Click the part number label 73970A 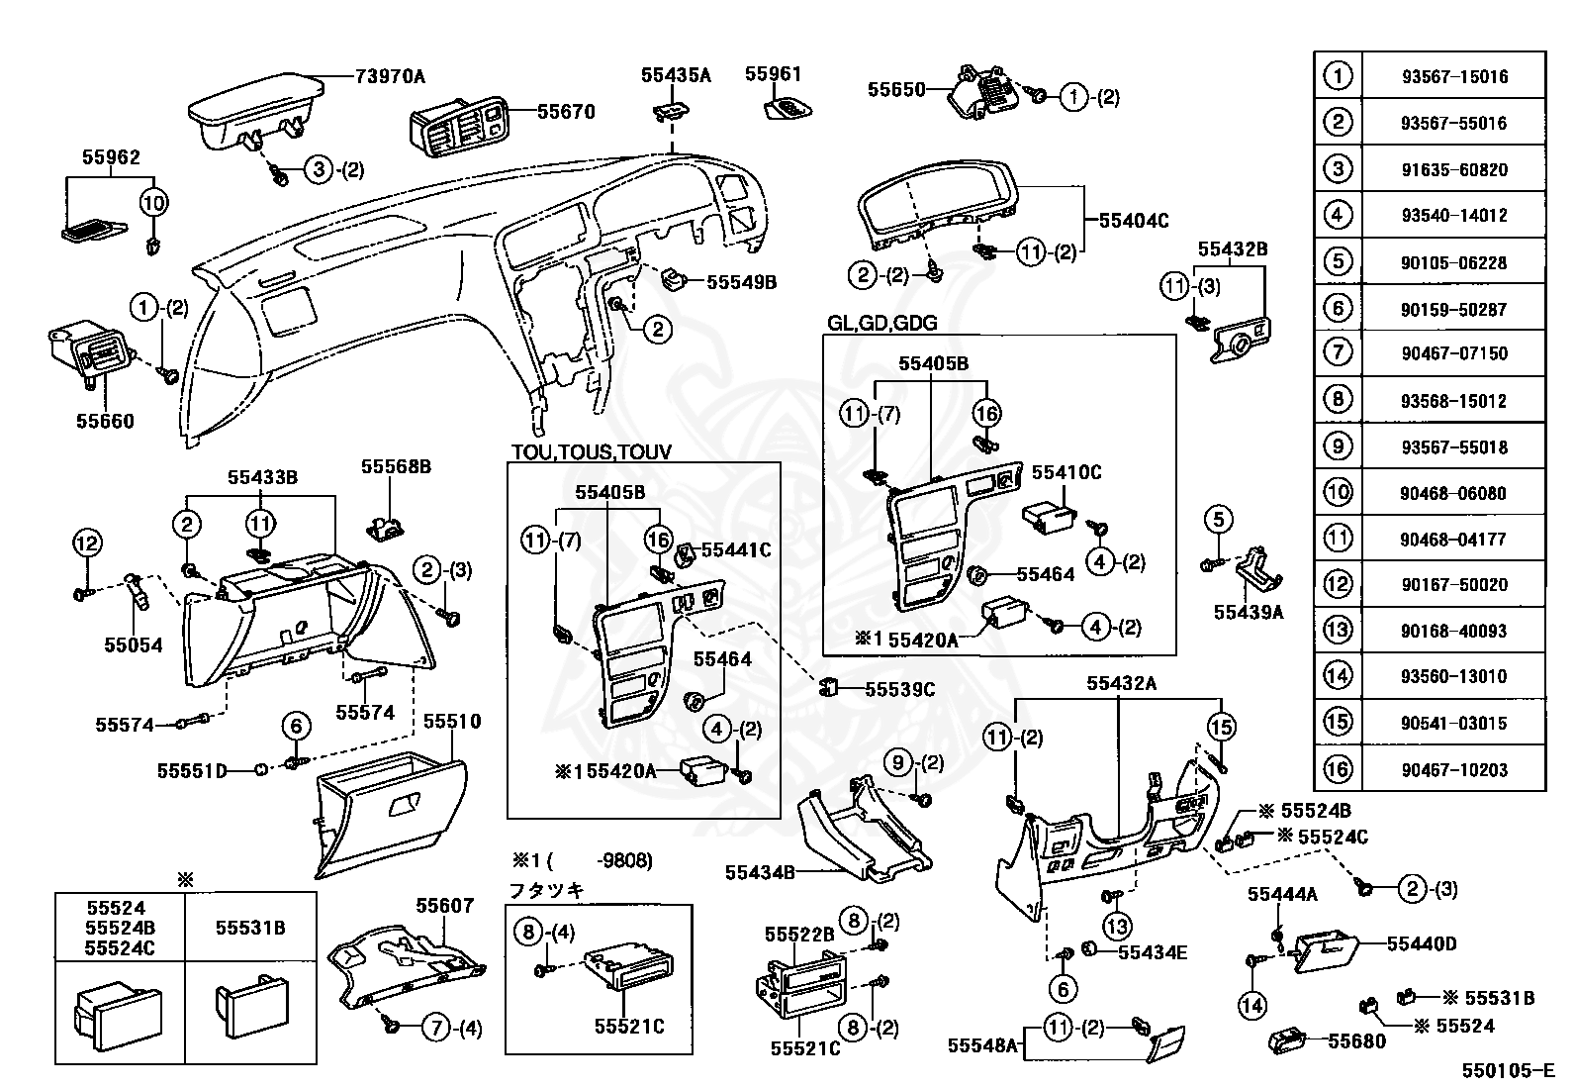(390, 76)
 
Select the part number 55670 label (566, 112)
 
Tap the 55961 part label (774, 74)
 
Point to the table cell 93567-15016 (1453, 77)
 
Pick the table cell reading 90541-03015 (1453, 724)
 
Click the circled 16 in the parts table (1338, 769)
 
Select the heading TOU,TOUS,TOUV (591, 452)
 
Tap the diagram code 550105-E (1509, 1070)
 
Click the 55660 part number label (106, 421)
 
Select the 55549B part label (741, 282)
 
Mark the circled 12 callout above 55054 (87, 543)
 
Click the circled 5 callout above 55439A (1219, 519)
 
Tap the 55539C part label (899, 689)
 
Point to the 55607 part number (444, 905)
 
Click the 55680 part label (1356, 1040)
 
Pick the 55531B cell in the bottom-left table (250, 928)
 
